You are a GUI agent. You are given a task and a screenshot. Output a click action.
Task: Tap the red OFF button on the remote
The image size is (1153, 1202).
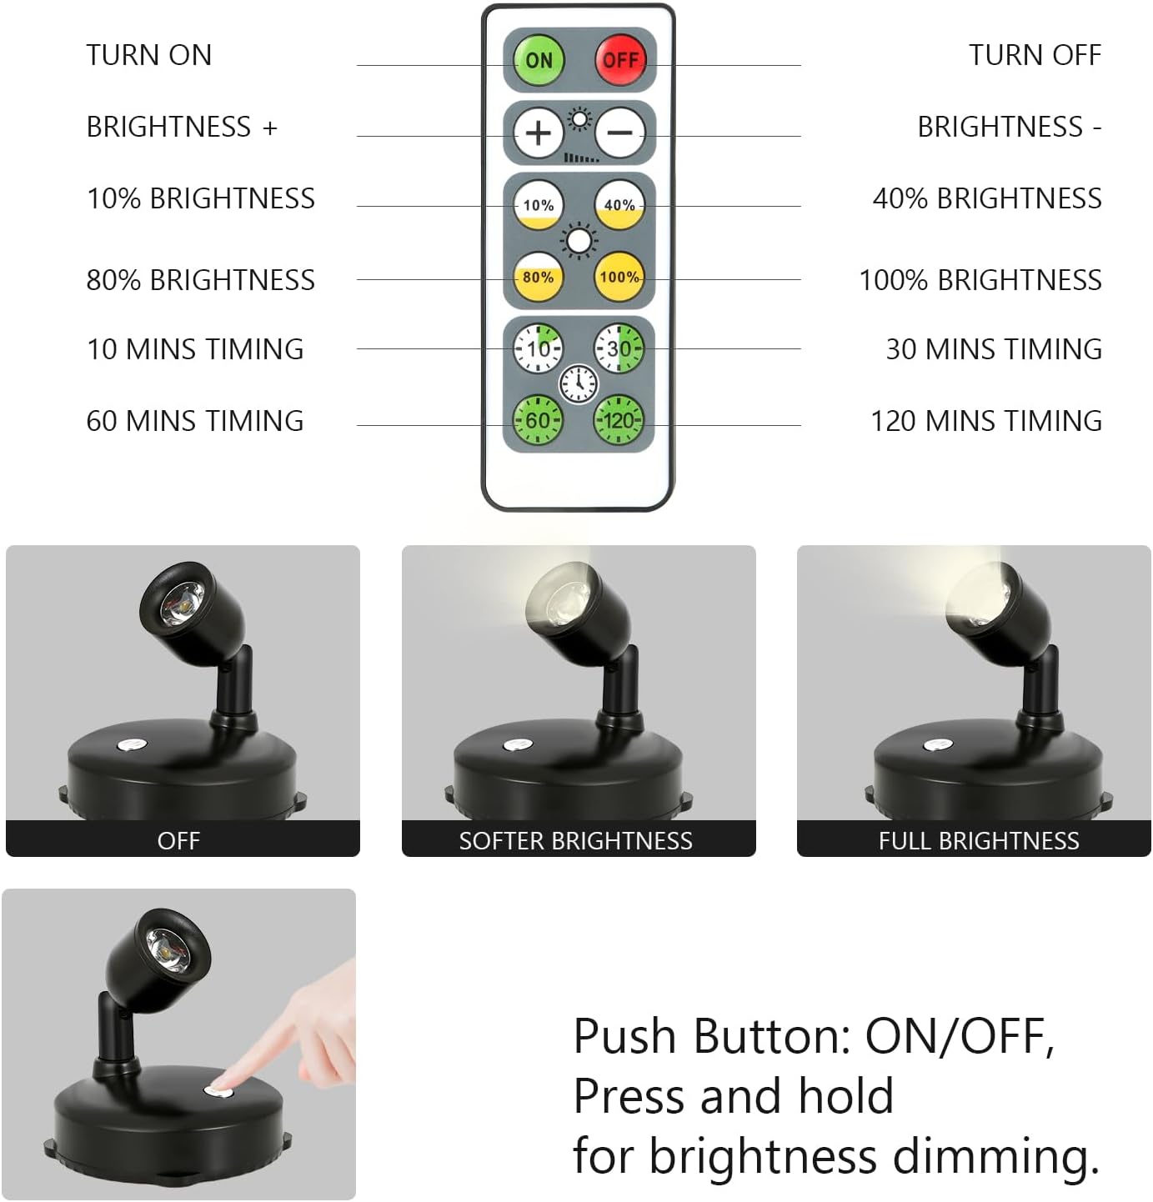[x=620, y=60]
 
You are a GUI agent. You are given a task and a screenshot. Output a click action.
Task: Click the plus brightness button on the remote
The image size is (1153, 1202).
[x=538, y=133]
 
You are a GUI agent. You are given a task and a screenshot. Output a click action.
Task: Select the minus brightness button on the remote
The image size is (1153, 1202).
[x=620, y=133]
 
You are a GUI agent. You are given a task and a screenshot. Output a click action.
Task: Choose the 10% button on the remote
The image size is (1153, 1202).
[x=538, y=205]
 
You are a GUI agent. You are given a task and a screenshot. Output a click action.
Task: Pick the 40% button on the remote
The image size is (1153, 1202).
[x=619, y=205]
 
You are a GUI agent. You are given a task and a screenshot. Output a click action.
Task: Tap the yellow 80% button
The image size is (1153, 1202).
[x=538, y=278]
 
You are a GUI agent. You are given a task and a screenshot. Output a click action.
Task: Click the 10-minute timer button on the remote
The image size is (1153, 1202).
[x=538, y=348]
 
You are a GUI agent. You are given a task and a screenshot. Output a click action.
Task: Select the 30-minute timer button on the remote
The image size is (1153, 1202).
[x=619, y=348]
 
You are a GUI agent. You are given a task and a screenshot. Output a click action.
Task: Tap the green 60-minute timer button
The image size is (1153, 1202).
[x=538, y=420]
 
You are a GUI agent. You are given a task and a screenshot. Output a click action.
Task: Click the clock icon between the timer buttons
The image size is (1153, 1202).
[x=579, y=384]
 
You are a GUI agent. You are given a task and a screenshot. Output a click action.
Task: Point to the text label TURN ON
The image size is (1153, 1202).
[x=149, y=55]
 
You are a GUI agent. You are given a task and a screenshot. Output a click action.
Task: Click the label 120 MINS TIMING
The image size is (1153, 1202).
[x=986, y=421]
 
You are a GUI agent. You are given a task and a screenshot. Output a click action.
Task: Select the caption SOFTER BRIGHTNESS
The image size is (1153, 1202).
[x=576, y=841]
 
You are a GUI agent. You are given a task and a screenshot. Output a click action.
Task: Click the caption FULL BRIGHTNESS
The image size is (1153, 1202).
[x=979, y=841]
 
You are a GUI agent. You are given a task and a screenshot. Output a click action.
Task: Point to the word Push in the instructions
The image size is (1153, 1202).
[x=624, y=1037]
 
